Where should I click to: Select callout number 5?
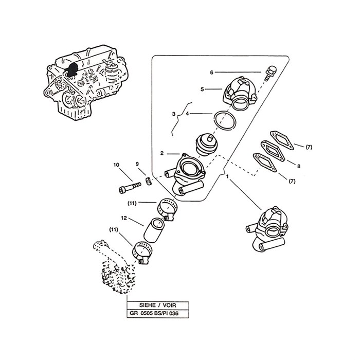coord(203,89)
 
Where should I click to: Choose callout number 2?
coord(162,153)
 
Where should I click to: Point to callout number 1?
coord(227,176)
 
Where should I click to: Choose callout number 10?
coord(116,165)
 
